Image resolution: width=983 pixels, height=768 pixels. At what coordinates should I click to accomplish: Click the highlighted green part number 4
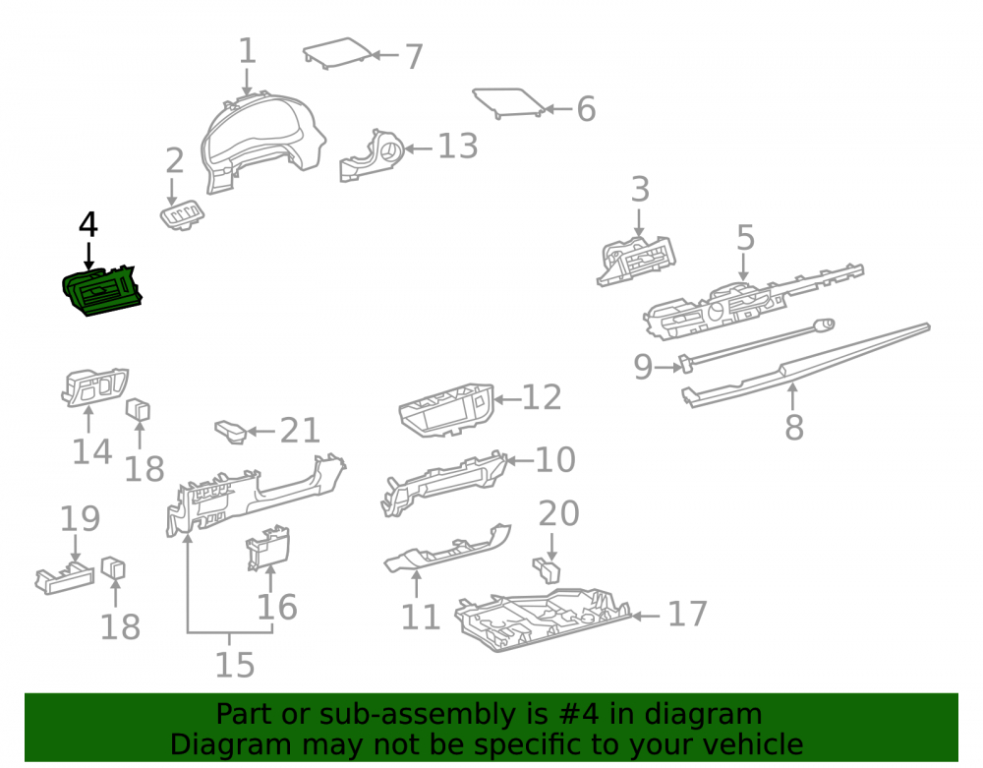pyautogui.click(x=102, y=290)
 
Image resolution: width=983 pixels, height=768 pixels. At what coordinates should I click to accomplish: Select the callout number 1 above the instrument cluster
pyautogui.click(x=248, y=50)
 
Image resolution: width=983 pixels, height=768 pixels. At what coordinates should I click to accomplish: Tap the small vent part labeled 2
pyautogui.click(x=182, y=215)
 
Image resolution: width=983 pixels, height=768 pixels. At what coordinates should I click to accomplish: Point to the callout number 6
pyautogui.click(x=586, y=109)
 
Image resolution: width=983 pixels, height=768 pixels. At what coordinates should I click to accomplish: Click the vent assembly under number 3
pyautogui.click(x=636, y=262)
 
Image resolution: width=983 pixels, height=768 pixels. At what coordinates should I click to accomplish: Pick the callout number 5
pyautogui.click(x=745, y=238)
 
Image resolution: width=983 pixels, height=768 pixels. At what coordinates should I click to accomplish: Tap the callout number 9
pyautogui.click(x=643, y=367)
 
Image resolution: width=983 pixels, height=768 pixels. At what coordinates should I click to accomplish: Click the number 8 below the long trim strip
pyautogui.click(x=794, y=427)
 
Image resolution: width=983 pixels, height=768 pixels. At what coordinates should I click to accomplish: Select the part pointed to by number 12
pyautogui.click(x=446, y=411)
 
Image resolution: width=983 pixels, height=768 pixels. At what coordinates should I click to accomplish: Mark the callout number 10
pyautogui.click(x=554, y=460)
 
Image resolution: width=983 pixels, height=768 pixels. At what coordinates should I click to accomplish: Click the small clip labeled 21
pyautogui.click(x=231, y=432)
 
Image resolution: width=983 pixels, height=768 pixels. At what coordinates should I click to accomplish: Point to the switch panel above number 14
pyautogui.click(x=94, y=386)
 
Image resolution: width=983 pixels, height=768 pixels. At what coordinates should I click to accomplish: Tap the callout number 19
pyautogui.click(x=80, y=518)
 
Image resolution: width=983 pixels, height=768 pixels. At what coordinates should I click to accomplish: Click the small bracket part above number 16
pyautogui.click(x=268, y=549)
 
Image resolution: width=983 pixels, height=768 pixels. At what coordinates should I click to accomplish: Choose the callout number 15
pyautogui.click(x=235, y=665)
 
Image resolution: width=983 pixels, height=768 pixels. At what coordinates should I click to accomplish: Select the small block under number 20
pyautogui.click(x=547, y=570)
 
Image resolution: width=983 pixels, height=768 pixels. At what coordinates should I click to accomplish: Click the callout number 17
pyautogui.click(x=688, y=614)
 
